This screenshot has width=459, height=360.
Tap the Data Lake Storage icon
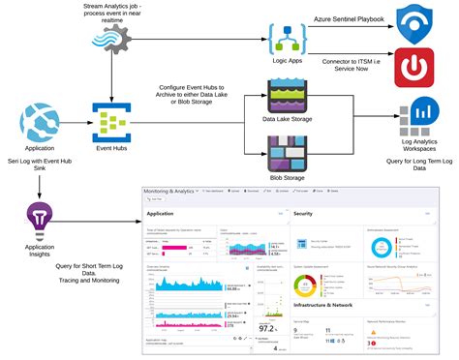289,98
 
